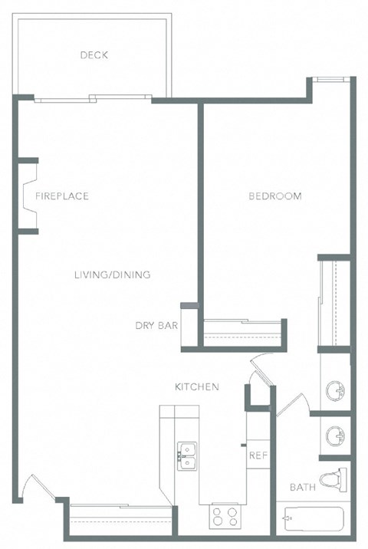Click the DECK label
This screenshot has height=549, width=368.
click(x=94, y=54)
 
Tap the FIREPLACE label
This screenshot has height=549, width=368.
click(x=62, y=196)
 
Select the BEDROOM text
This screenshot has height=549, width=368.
click(x=274, y=196)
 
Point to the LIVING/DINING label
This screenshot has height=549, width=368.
click(x=112, y=275)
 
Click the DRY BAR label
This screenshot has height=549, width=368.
click(x=156, y=326)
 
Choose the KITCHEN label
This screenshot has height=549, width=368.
click(x=196, y=387)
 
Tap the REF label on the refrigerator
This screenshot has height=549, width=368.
click(x=257, y=455)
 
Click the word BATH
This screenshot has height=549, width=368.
click(x=302, y=488)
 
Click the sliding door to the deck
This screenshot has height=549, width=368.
click(x=92, y=97)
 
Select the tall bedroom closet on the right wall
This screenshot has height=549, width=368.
click(x=334, y=303)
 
